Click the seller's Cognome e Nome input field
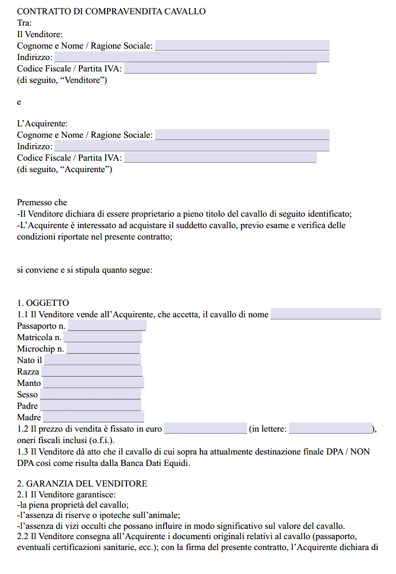(242, 46)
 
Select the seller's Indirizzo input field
(192, 57)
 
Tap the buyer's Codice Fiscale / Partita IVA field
(220, 158)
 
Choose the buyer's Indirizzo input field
(192, 146)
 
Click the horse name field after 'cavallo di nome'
(326, 314)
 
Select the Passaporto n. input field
(107, 326)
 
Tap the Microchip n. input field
(103, 349)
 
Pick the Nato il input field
(93, 360)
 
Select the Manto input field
(93, 383)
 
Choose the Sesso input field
(90, 394)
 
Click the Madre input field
(93, 417)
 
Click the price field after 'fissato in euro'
(205, 429)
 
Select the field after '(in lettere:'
(330, 429)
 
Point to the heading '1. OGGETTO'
(43, 303)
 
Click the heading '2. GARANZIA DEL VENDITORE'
(82, 484)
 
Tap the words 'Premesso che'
(42, 202)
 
